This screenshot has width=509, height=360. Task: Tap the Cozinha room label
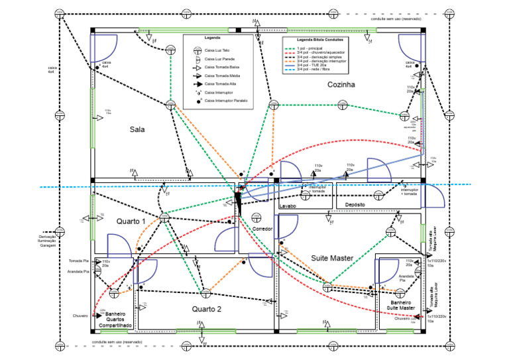click(341, 85)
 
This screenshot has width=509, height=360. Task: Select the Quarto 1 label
click(131, 221)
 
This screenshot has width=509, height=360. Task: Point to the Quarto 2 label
click(207, 310)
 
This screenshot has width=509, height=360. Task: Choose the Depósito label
click(355, 206)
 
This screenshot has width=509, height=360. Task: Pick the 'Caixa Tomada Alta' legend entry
click(220, 84)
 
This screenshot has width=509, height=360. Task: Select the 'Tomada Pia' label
click(79, 261)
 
